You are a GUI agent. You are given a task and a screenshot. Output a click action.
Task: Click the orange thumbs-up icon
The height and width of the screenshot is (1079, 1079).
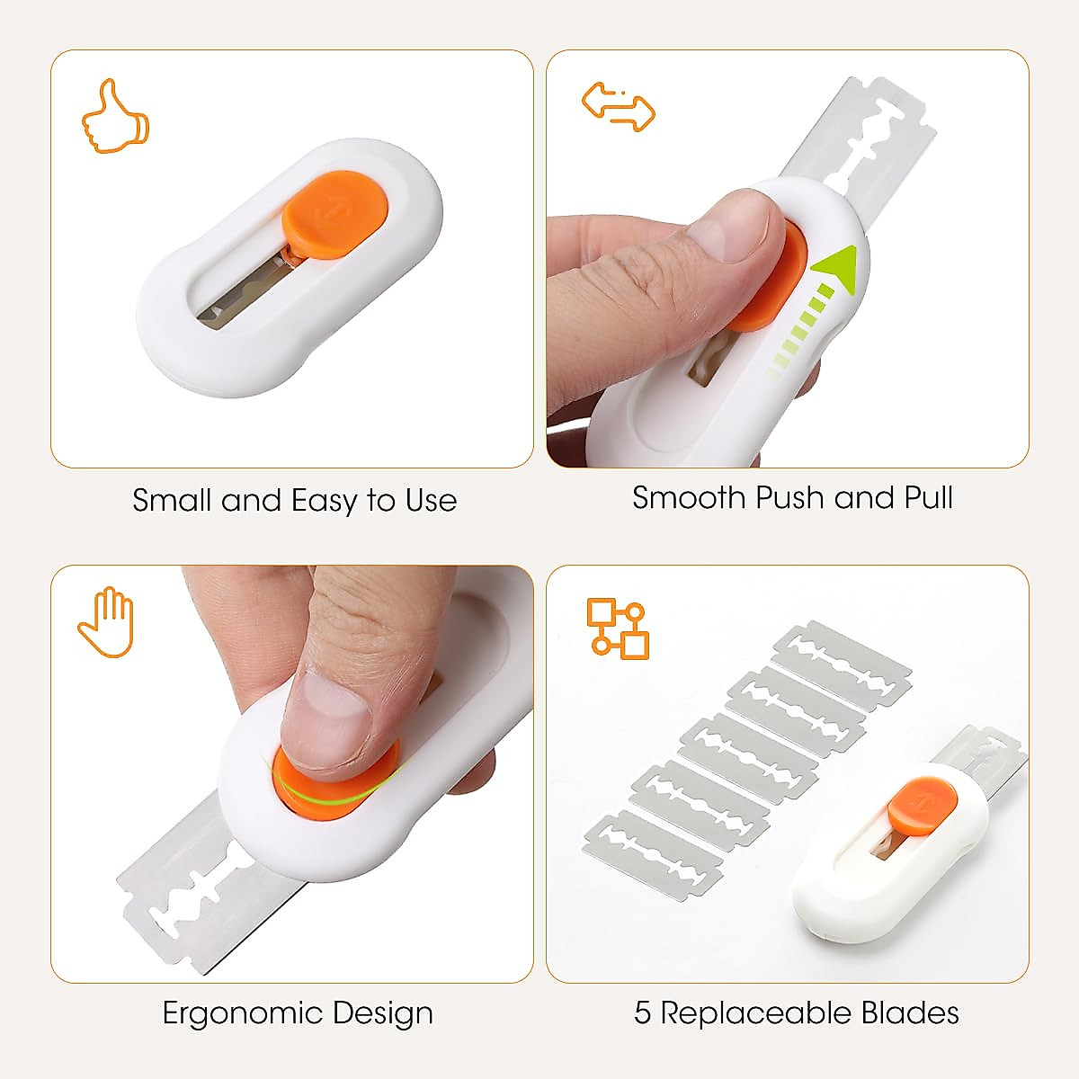click(x=116, y=116)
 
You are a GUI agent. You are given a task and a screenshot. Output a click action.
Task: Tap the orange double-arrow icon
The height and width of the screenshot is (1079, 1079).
click(x=619, y=107)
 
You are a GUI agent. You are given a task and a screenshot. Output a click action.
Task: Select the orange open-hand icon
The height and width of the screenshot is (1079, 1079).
click(x=105, y=622)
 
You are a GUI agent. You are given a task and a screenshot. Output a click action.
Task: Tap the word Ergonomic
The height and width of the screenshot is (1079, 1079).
click(x=242, y=1013)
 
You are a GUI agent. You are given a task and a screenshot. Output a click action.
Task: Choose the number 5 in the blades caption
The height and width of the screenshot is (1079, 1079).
click(x=642, y=1013)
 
